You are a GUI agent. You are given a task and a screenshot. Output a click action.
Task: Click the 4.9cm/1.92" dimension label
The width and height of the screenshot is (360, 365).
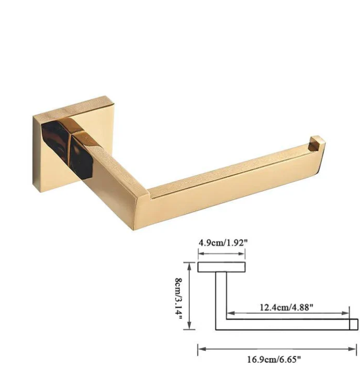(x=223, y=243)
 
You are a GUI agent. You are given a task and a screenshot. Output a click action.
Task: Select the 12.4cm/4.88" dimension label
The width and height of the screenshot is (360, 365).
(x=286, y=307)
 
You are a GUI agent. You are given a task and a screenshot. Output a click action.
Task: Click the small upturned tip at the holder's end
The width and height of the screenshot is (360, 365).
(x=316, y=143)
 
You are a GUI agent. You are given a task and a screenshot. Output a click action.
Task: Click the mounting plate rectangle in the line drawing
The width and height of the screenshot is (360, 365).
(x=221, y=267)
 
